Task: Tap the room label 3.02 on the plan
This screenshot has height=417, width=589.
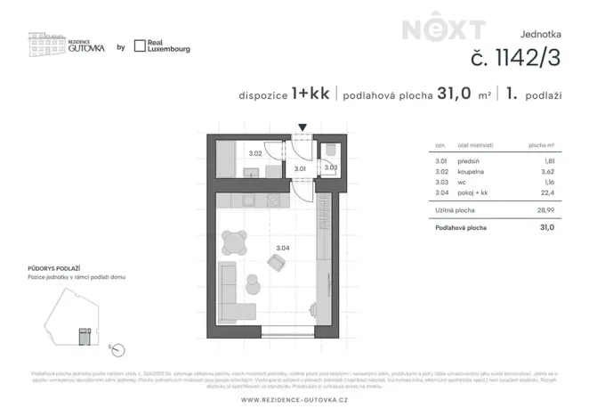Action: point(254,153)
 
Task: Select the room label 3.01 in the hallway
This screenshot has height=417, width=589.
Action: point(300,168)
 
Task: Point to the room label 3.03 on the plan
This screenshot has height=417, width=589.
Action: point(330,167)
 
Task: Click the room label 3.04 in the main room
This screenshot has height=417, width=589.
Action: point(283,247)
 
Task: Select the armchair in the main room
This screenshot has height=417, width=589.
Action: point(276,262)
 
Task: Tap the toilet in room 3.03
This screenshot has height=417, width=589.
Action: point(331,150)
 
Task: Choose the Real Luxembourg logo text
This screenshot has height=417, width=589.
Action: point(169,46)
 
